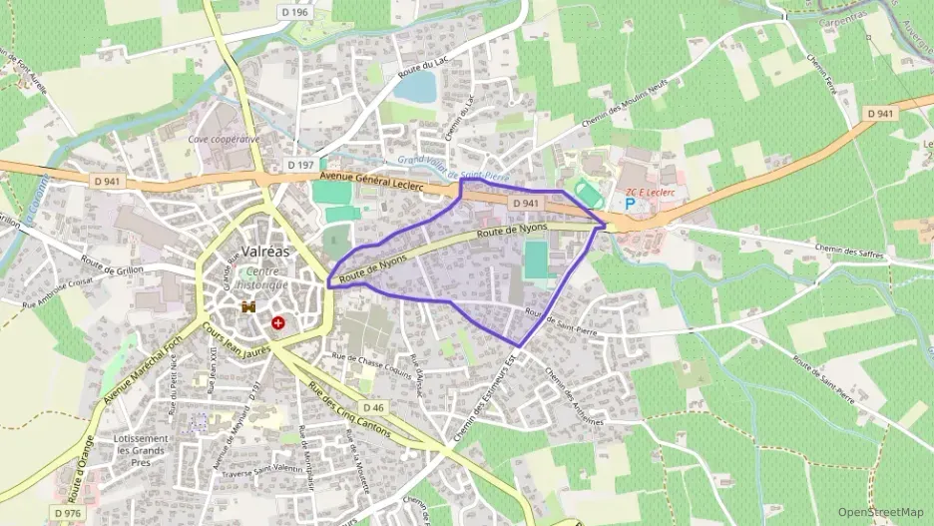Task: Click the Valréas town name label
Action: click(265, 252)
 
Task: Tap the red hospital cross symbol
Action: click(278, 323)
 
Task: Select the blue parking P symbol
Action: click(630, 204)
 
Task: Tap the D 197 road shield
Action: click(300, 164)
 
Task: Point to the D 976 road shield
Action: click(68, 513)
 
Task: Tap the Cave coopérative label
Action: click(224, 139)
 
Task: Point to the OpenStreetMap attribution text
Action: click(881, 512)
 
